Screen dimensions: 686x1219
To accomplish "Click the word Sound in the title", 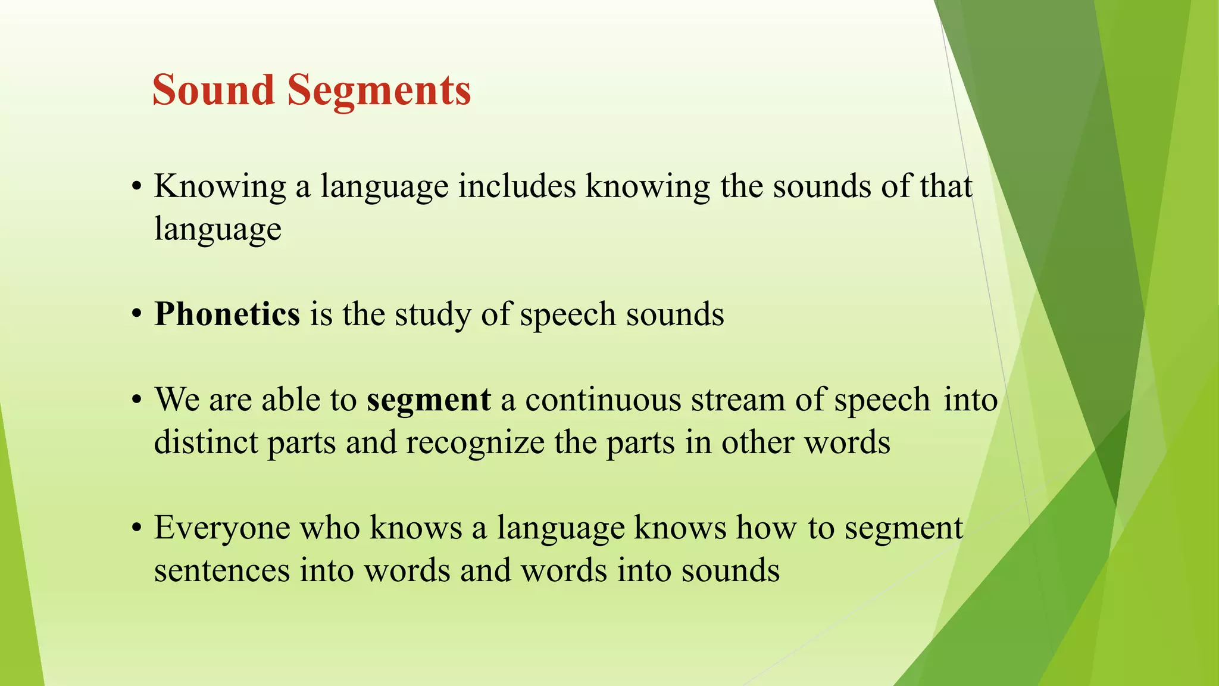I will point(213,91).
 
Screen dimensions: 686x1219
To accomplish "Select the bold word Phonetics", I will point(227,314).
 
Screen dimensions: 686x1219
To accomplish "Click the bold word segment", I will point(429,400).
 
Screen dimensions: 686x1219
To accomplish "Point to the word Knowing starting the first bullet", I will point(220,187).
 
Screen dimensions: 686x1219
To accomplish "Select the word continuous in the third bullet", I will point(603,400).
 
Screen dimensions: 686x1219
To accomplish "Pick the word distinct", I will point(206,442).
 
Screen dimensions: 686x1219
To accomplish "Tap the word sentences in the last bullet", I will point(221,570).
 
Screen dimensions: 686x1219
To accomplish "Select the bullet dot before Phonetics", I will point(137,314).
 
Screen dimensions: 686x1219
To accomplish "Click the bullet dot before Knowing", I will point(137,187).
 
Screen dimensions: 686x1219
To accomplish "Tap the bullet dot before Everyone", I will point(137,528).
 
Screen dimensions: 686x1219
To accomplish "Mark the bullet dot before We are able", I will point(137,400).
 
